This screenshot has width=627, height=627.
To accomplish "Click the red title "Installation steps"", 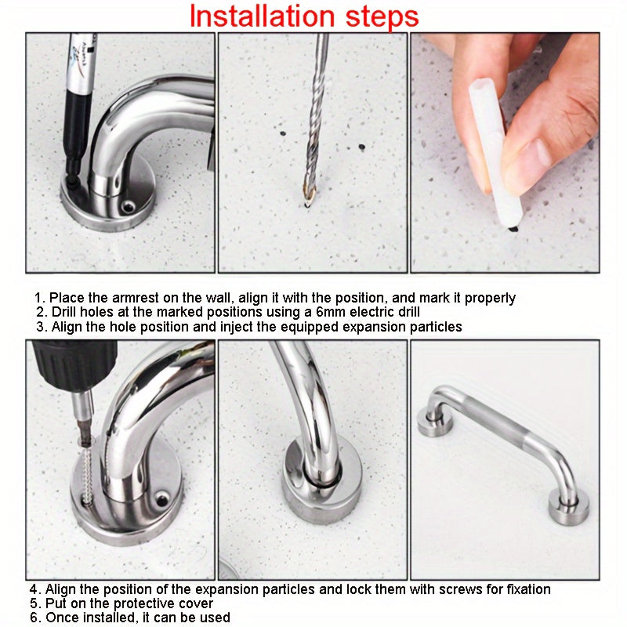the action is (304, 16).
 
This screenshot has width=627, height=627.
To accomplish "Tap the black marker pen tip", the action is (72, 183).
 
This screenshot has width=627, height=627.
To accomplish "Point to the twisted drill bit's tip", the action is (307, 205).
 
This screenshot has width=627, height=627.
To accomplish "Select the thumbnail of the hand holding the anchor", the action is (505, 153).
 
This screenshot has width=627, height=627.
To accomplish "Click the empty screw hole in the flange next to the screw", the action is (162, 500).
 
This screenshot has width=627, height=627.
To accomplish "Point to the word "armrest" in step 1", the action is (135, 298).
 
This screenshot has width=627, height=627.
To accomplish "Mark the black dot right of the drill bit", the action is (362, 147).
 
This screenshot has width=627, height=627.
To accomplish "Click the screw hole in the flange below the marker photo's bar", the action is (129, 207).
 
